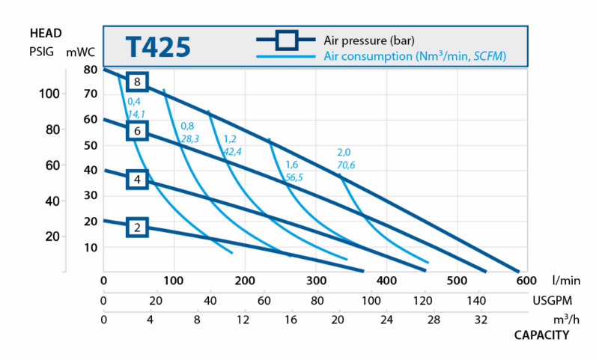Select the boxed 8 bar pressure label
click(x=138, y=82)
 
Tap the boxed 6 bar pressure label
click(x=138, y=131)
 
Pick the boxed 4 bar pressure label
click(x=138, y=179)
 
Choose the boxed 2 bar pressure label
click(x=138, y=228)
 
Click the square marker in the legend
click(x=288, y=39)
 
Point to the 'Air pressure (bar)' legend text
click(x=368, y=40)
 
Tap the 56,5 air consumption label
click(x=294, y=177)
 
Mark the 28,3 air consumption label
click(x=189, y=139)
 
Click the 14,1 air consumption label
click(x=136, y=114)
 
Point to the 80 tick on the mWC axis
click(x=90, y=70)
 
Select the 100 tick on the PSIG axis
click(x=48, y=94)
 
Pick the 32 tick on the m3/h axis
click(x=480, y=320)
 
